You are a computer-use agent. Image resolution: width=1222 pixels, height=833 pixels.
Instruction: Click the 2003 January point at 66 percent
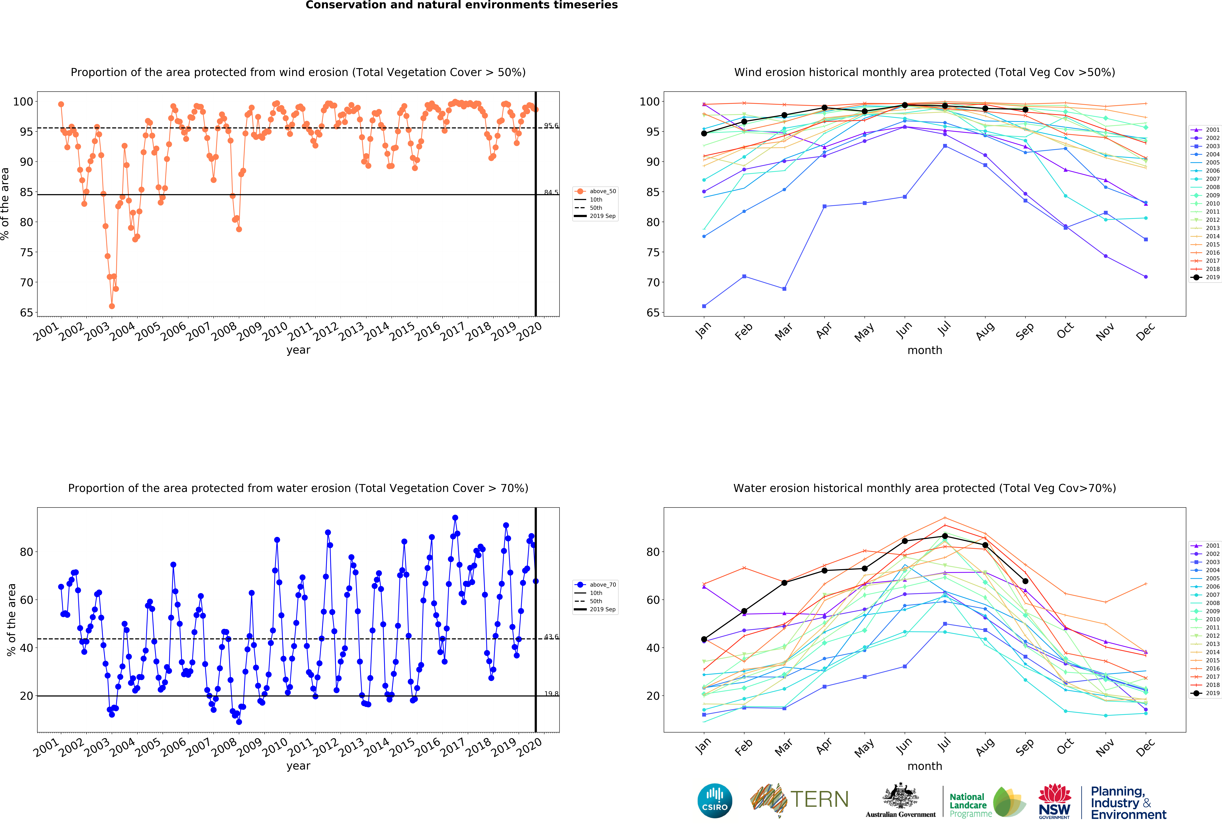[x=704, y=306]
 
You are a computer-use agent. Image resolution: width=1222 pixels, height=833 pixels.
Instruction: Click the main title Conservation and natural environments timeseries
[x=462, y=5]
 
